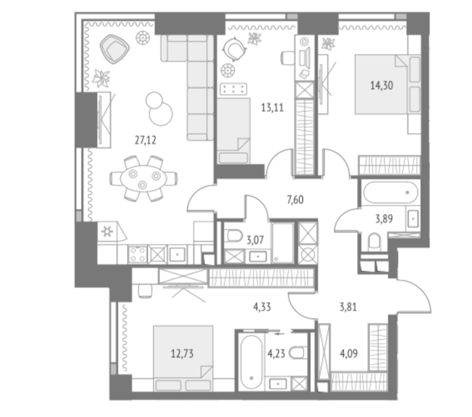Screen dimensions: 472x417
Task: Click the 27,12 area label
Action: [145, 140]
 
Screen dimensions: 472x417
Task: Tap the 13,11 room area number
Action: [272, 108]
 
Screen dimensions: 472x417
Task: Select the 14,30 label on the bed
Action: [382, 86]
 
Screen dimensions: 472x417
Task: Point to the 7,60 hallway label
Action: [295, 200]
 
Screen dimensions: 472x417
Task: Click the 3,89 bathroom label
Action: [384, 219]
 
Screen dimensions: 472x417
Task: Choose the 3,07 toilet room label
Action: [255, 240]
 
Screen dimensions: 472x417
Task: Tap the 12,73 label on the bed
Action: [182, 353]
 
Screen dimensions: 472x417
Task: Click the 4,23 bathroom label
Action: [276, 353]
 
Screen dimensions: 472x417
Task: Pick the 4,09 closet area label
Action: [349, 353]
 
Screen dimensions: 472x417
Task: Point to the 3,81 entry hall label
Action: [348, 307]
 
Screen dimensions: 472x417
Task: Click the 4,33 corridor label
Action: [262, 307]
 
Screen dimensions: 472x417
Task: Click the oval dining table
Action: [143, 178]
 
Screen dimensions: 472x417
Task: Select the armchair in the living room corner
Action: [114, 49]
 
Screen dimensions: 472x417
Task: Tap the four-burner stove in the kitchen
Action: [138, 254]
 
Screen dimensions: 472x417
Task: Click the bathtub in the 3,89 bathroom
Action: [390, 192]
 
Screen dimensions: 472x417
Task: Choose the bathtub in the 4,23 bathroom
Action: [251, 362]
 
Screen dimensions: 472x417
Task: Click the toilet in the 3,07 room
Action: [233, 236]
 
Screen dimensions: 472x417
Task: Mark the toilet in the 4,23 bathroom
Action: [298, 353]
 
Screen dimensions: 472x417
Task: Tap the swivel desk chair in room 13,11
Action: [235, 49]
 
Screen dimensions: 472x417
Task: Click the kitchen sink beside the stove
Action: [177, 254]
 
